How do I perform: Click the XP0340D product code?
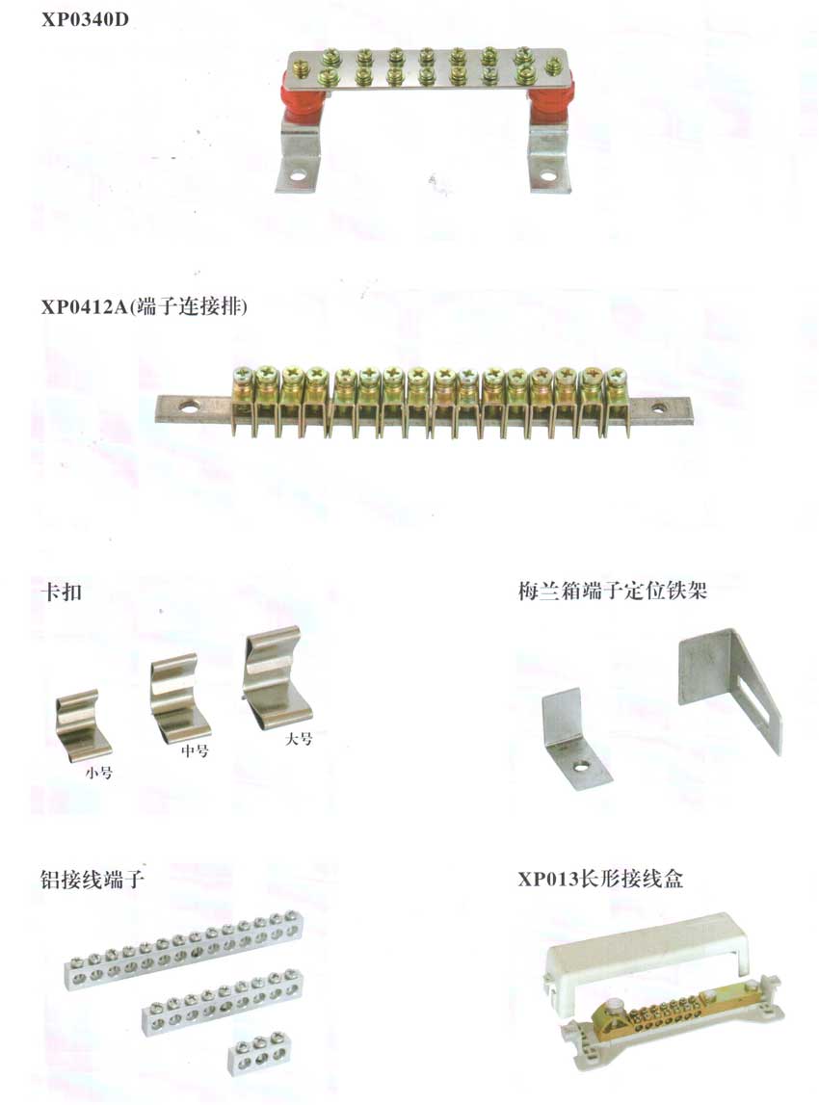pyautogui.click(x=85, y=19)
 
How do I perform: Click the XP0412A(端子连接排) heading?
pyautogui.click(x=144, y=307)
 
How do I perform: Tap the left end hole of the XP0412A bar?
pyautogui.click(x=190, y=407)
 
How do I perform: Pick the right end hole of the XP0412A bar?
pyautogui.click(x=658, y=407)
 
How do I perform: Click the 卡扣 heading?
pyautogui.click(x=62, y=591)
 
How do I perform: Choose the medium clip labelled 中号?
pyautogui.click(x=179, y=697)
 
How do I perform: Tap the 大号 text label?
pyautogui.click(x=299, y=739)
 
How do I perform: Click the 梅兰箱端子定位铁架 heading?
pyautogui.click(x=613, y=591)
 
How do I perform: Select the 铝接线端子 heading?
pyautogui.click(x=92, y=879)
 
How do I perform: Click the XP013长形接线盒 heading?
pyautogui.click(x=600, y=879)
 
